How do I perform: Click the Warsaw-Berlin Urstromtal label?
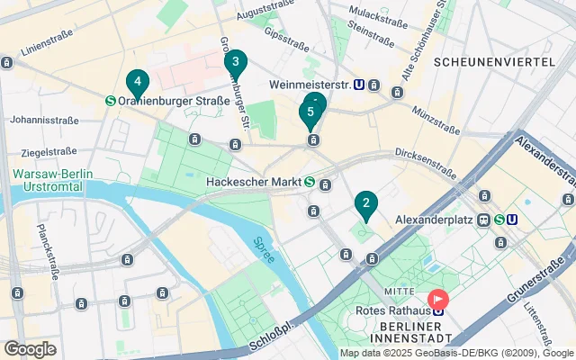[47, 180]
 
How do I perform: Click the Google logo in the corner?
[30, 349]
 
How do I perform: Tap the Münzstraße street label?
[436, 113]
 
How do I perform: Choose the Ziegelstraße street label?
[48, 152]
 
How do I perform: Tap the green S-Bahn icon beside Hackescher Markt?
[309, 182]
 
